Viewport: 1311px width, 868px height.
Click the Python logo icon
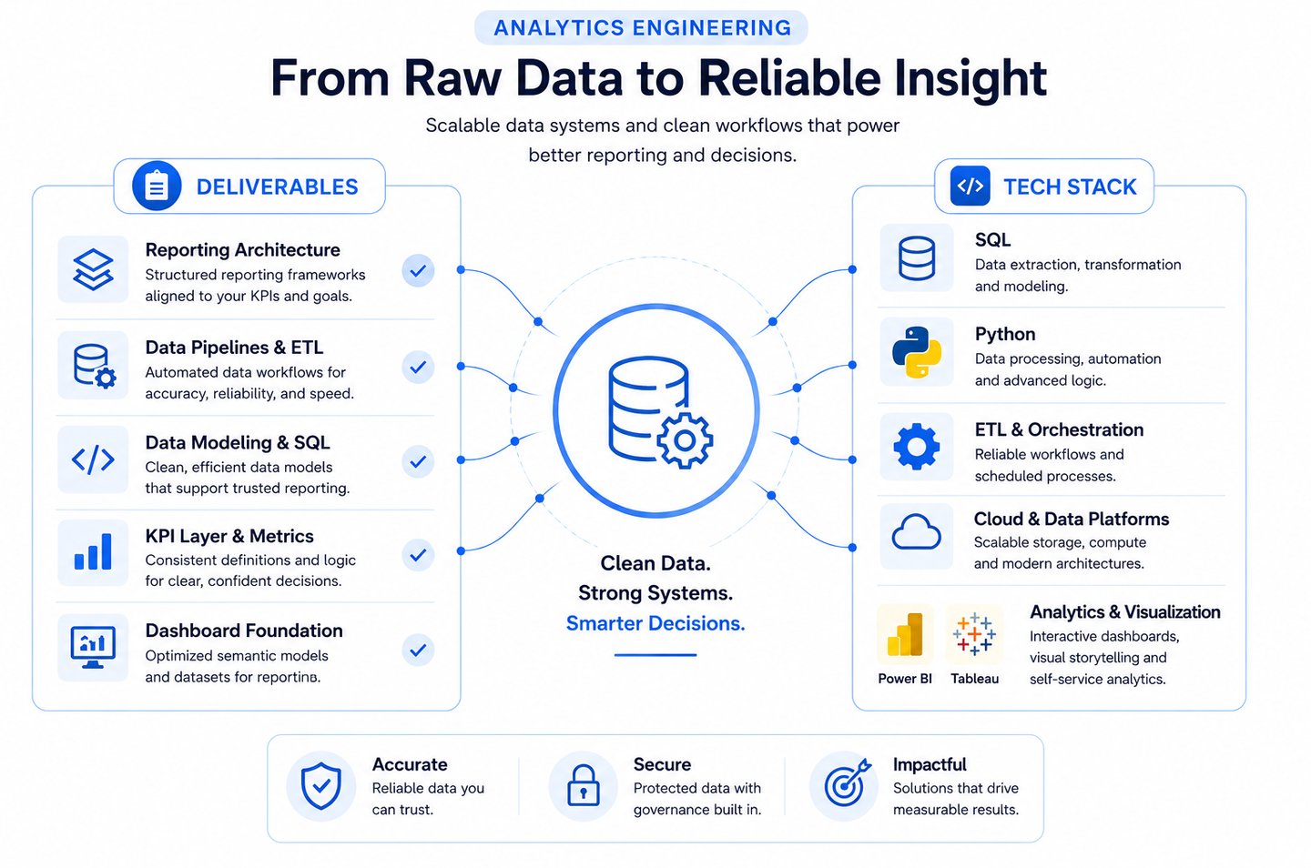coord(917,352)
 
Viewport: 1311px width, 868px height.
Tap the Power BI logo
coord(905,635)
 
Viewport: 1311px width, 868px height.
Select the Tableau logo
coord(974,634)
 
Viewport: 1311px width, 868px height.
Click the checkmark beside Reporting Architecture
coord(418,271)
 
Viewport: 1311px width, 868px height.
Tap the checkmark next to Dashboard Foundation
coord(418,650)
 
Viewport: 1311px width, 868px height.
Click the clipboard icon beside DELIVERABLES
coord(157,186)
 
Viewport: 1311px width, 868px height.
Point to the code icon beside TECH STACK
coord(970,186)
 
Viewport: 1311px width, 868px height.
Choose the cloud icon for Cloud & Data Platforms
coord(916,532)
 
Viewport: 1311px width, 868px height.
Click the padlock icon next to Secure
coord(584,785)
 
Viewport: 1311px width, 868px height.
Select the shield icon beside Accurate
coord(320,786)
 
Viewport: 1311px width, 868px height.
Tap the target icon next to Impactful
coord(847,782)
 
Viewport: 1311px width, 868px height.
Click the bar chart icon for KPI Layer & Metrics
coord(93,551)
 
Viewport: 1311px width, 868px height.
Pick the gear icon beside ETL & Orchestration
coord(917,446)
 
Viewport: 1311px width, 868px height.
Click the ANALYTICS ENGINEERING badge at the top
coord(642,27)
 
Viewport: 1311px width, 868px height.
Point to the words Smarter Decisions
coord(655,623)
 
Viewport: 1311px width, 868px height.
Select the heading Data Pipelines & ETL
coord(234,348)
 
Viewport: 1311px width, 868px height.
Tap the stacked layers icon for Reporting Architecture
coord(93,269)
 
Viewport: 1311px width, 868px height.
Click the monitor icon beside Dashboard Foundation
coord(93,648)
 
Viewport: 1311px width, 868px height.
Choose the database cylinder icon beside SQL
coord(917,258)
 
